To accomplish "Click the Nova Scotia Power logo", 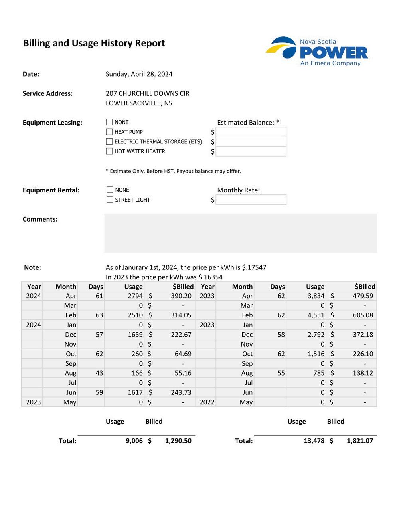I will click(317, 51).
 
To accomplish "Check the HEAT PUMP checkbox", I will click(109, 132).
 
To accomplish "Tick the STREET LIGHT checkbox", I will click(110, 200).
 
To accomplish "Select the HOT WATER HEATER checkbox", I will click(109, 151).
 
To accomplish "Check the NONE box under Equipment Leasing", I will click(109, 122).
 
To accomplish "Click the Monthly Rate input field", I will click(251, 200).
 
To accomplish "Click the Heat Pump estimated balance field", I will click(251, 132).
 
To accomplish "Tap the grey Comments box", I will click(240, 233).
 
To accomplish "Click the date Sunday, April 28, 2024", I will click(139, 74).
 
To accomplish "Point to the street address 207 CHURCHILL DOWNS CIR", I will click(147, 93).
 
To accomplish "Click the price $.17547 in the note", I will click(254, 267).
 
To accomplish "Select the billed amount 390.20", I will click(181, 296).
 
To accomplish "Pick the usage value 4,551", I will click(316, 315).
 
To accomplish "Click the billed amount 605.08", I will click(363, 315).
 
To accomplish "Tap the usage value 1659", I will click(135, 335).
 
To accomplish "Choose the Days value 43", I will click(99, 373).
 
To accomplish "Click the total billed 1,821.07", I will click(360, 441).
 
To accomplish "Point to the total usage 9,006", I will click(134, 441).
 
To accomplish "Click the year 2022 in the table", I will click(207, 402).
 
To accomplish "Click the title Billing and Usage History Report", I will click(94, 43).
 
